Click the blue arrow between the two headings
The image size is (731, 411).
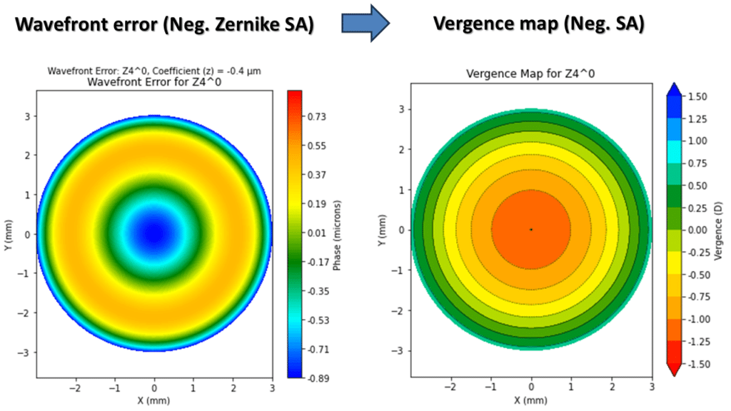tap(365, 24)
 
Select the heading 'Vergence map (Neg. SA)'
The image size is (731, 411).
tap(539, 25)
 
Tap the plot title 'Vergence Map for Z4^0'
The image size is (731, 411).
tap(530, 73)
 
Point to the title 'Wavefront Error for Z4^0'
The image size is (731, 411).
tap(154, 82)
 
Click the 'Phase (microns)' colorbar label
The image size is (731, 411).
tap(337, 233)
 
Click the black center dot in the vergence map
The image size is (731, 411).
tap(531, 229)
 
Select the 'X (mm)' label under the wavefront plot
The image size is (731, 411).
tap(154, 401)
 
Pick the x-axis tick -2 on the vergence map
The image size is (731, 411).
tap(450, 386)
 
